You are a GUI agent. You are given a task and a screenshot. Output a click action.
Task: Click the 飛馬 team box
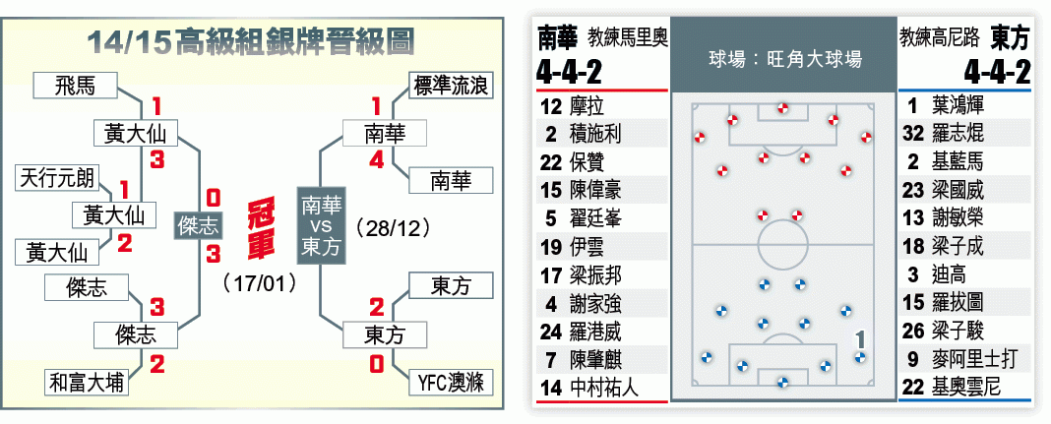[x=75, y=87]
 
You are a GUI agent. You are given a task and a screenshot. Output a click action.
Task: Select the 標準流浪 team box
[x=451, y=87]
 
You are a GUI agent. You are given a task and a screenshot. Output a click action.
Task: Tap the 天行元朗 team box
[x=57, y=179]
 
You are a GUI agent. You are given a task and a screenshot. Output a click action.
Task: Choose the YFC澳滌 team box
[x=451, y=383]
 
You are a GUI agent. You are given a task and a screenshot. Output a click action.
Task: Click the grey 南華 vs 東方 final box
[x=321, y=225]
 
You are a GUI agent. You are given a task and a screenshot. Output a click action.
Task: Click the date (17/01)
[x=261, y=282]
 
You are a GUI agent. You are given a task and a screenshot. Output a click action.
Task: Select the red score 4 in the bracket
[x=377, y=161]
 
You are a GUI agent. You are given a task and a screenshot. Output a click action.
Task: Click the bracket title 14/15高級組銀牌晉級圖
[x=251, y=42]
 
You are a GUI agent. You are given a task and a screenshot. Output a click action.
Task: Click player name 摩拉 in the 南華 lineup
[x=587, y=106]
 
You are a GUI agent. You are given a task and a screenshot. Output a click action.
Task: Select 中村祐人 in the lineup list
[x=604, y=388]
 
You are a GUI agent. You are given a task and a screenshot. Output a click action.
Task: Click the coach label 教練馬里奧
[x=628, y=38]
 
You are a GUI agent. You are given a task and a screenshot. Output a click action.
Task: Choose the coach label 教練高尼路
[x=940, y=38]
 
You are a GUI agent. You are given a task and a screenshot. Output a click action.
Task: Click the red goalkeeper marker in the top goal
[x=782, y=108]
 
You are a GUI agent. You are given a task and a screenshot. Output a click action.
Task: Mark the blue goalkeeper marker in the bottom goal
[x=781, y=383]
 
